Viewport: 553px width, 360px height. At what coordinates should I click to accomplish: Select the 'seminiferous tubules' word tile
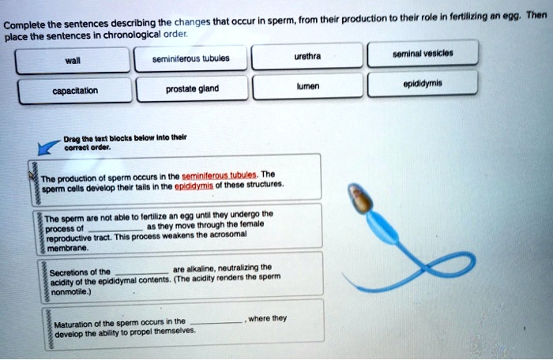pos(192,58)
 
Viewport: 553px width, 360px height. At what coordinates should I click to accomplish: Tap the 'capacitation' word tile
pos(76,90)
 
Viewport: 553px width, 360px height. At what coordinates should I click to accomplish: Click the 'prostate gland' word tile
pos(192,89)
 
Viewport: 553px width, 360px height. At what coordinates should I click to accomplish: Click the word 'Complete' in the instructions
pos(23,21)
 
